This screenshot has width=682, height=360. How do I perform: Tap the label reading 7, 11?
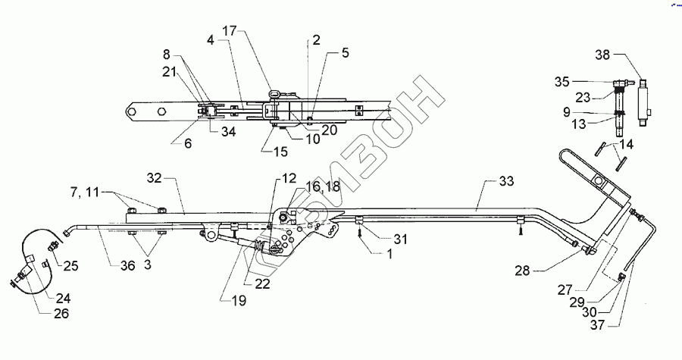point(95,195)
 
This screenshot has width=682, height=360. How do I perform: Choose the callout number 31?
point(401,239)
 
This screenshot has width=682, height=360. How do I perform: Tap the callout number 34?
point(227,131)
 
